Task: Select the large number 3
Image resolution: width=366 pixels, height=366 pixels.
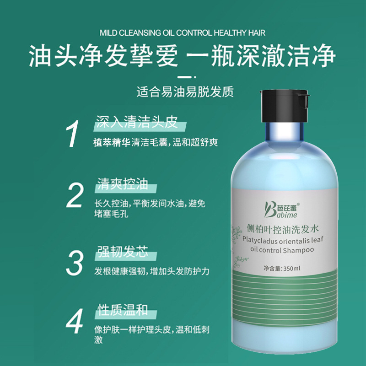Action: [75, 262]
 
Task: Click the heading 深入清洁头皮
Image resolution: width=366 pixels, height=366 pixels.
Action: [135, 122]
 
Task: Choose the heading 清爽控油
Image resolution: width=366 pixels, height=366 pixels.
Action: [122, 184]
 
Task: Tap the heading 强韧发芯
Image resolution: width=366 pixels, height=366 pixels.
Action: [122, 252]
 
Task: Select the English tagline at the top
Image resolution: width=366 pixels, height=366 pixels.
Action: [182, 33]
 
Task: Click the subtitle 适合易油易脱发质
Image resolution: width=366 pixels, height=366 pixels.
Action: [185, 92]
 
